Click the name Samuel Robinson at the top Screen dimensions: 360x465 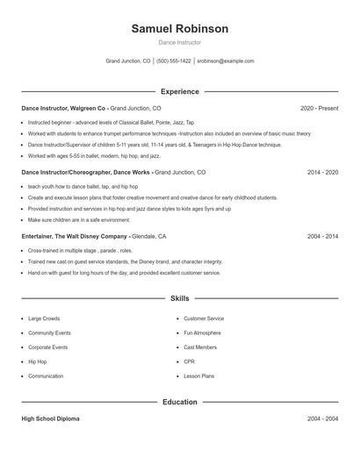point(179,29)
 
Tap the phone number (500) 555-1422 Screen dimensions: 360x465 point(173,61)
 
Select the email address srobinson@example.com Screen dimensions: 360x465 point(225,61)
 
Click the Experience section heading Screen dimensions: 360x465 point(179,91)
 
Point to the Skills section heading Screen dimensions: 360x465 point(179,299)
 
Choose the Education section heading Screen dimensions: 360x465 point(179,402)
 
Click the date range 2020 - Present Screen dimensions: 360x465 point(319,108)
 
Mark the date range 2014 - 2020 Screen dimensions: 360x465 point(322,173)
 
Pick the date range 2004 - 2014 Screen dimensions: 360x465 point(322,237)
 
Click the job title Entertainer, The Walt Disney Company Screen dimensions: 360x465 point(74,237)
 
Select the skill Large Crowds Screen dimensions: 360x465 point(44,318)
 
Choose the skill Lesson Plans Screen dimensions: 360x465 point(198,376)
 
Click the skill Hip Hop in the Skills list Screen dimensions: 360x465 point(38,361)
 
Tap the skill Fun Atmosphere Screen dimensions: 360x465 point(204,333)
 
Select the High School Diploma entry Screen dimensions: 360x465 point(50,419)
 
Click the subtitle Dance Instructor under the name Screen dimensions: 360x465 point(179,42)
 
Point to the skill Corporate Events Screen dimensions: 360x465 point(48,347)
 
